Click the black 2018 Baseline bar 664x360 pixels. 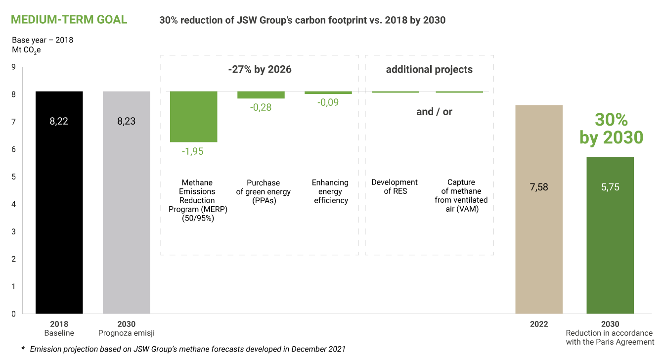pyautogui.click(x=59, y=203)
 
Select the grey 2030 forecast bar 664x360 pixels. pyautogui.click(x=126, y=203)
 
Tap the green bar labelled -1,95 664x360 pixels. pyautogui.click(x=193, y=117)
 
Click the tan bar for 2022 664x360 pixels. pyautogui.click(x=539, y=209)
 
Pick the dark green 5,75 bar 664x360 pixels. pyautogui.click(x=610, y=235)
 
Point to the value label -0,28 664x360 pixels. pyautogui.click(x=261, y=107)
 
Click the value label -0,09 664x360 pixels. pyautogui.click(x=328, y=102)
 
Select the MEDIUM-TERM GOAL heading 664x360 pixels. pyautogui.click(x=69, y=19)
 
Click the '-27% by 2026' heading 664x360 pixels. pyautogui.click(x=260, y=69)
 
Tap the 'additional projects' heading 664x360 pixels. pyautogui.click(x=429, y=69)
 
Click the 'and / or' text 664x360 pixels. pyautogui.click(x=434, y=112)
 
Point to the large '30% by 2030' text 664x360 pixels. pyautogui.click(x=611, y=129)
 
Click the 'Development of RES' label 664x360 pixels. pyautogui.click(x=395, y=186)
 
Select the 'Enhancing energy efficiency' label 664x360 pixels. pyautogui.click(x=331, y=191)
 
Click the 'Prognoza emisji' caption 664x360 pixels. pyautogui.click(x=126, y=333)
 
